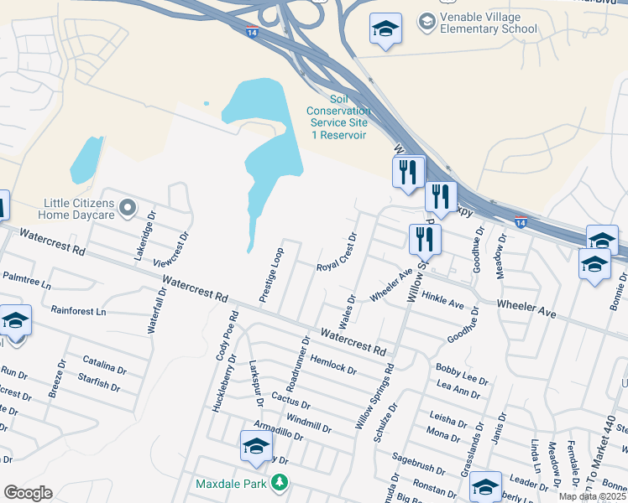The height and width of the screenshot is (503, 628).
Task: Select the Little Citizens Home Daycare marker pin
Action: (128, 207)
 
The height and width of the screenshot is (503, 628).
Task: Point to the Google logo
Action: (27, 493)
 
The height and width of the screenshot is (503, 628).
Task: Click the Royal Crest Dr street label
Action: (337, 254)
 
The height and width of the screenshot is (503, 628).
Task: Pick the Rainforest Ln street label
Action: (79, 311)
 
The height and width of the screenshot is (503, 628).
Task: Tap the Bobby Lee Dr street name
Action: (462, 374)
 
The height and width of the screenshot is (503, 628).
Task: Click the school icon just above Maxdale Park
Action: (256, 445)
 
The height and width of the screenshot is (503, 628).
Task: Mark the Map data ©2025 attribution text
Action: (592, 496)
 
